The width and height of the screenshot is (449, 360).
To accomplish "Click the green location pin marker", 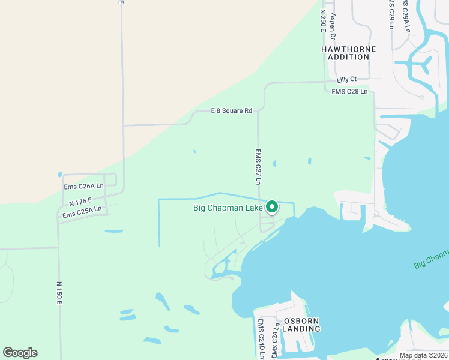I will pyautogui.click(x=272, y=207).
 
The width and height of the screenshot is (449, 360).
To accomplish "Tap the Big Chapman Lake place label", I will pyautogui.click(x=228, y=208).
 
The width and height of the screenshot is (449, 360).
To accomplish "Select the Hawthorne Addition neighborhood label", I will pyautogui.click(x=348, y=53).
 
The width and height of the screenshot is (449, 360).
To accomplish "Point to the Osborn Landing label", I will pyautogui.click(x=301, y=325).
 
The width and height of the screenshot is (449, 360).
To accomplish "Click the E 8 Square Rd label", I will pyautogui.click(x=231, y=110).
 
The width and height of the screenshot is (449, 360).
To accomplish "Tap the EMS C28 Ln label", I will pyautogui.click(x=349, y=91).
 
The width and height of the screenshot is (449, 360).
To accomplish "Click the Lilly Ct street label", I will pyautogui.click(x=346, y=79).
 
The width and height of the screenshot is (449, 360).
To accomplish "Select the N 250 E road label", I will pyautogui.click(x=323, y=21).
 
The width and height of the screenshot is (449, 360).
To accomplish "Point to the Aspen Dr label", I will pyautogui.click(x=334, y=26).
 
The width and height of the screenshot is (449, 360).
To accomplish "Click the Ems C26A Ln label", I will pyautogui.click(x=84, y=187).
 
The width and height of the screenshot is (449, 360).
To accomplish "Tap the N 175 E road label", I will pyautogui.click(x=80, y=202).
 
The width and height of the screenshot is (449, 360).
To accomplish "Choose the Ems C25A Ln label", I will pyautogui.click(x=82, y=212).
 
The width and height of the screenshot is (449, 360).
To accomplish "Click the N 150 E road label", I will pyautogui.click(x=59, y=292).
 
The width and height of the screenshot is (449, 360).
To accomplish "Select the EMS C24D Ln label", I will pyautogui.click(x=261, y=340).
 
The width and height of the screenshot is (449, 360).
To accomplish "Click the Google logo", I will pyautogui.click(x=20, y=353).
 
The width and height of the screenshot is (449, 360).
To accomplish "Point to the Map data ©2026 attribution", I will pyautogui.click(x=423, y=355).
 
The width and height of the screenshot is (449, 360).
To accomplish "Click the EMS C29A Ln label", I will pyautogui.click(x=406, y=16).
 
